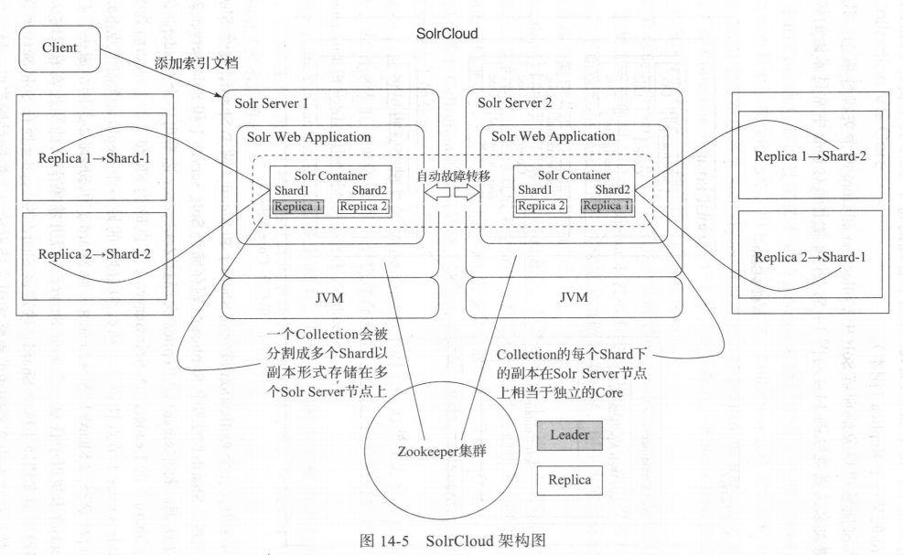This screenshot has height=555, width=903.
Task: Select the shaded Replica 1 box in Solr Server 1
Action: click(297, 206)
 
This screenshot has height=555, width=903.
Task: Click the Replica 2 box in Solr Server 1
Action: click(363, 206)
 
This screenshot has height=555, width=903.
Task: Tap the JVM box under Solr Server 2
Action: click(574, 296)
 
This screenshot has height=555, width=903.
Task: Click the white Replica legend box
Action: click(569, 478)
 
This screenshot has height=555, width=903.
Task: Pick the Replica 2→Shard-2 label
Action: click(93, 252)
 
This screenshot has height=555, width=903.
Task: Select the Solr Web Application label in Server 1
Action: click(309, 136)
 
